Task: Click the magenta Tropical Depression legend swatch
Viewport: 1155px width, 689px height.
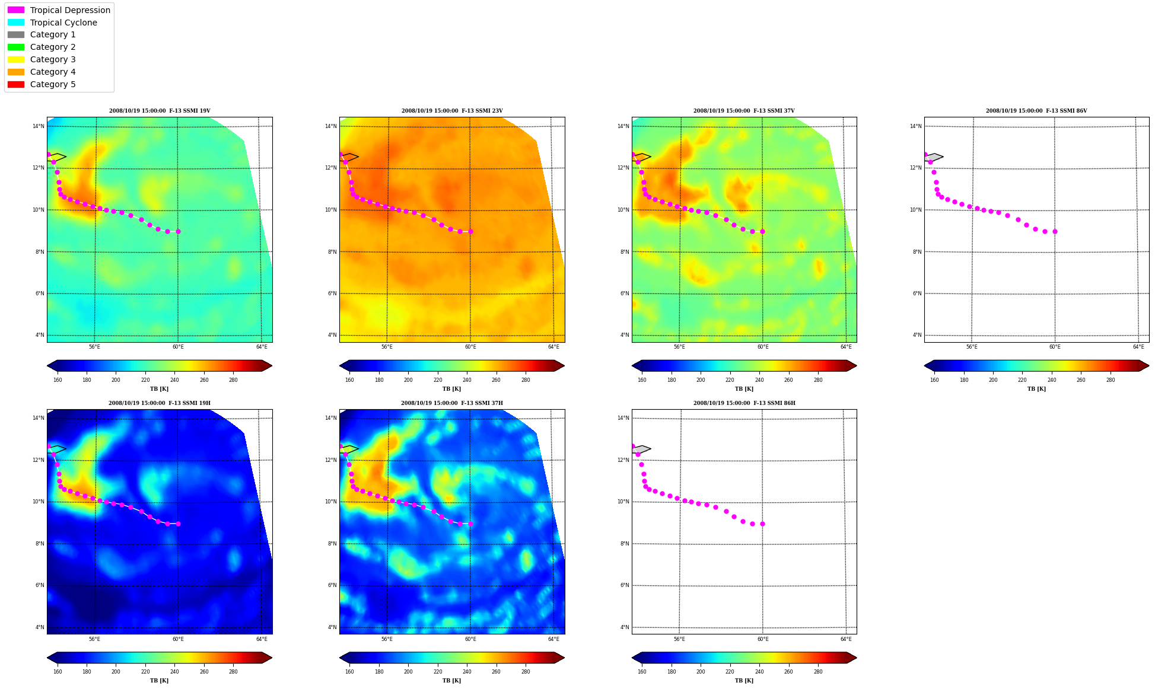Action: tap(16, 10)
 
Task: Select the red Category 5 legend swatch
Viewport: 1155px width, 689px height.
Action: tap(16, 84)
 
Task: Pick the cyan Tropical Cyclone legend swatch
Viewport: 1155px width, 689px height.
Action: tap(16, 23)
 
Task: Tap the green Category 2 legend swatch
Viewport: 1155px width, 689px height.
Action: tap(16, 47)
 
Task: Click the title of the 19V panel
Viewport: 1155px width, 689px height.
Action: tap(160, 111)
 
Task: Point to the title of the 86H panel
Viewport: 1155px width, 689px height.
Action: tap(744, 403)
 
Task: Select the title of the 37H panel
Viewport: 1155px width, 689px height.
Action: tap(452, 403)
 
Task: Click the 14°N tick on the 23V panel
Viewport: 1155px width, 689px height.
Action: tap(330, 126)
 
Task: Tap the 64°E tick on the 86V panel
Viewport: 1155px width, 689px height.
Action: tap(1138, 347)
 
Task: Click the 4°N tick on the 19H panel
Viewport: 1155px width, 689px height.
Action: tap(40, 627)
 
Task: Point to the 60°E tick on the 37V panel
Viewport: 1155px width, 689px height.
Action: tap(763, 347)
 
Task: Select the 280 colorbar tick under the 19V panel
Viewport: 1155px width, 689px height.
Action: tap(233, 380)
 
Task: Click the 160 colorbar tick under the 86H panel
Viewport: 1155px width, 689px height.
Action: tap(642, 672)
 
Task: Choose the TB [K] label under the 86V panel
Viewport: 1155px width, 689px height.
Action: tap(1036, 389)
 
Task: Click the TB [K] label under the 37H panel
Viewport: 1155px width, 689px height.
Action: tap(451, 681)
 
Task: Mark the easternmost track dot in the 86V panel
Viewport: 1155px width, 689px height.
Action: tap(1055, 232)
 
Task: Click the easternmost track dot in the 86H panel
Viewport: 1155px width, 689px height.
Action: tap(762, 524)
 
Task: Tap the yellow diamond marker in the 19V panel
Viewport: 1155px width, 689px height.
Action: tap(57, 157)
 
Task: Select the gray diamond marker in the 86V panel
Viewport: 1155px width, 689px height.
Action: tap(934, 157)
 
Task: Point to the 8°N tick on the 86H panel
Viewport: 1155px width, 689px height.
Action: tap(625, 544)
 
